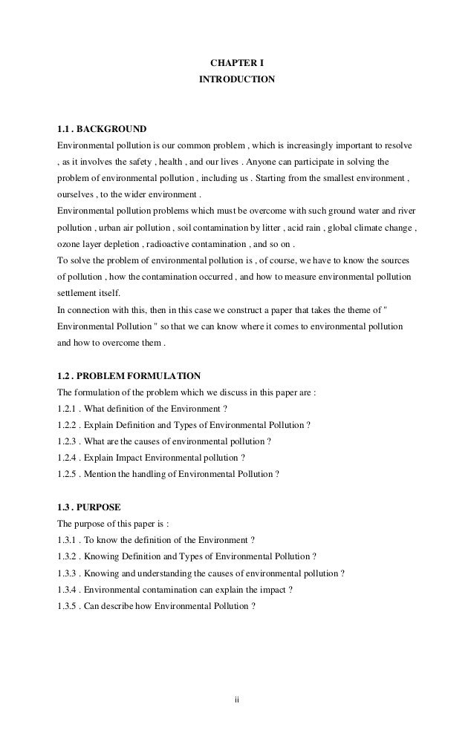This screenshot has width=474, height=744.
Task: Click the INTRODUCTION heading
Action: [236, 78]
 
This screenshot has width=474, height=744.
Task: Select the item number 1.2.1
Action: [68, 408]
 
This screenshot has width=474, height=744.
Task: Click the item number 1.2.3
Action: [68, 441]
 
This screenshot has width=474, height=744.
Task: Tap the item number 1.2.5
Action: [68, 473]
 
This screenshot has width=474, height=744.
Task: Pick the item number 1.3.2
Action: [68, 558]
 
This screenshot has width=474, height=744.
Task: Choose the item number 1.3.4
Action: [68, 590]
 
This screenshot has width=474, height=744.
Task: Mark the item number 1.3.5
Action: [68, 607]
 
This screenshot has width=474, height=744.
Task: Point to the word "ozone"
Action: [69, 243]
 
